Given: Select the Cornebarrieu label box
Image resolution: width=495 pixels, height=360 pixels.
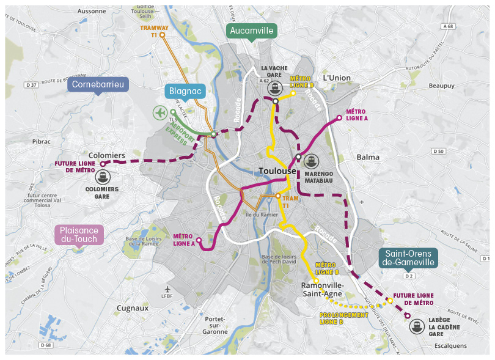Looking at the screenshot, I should (98, 84).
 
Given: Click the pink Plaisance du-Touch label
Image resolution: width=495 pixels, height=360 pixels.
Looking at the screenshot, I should (79, 235).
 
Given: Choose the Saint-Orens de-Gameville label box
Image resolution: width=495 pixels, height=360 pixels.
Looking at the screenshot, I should (409, 257).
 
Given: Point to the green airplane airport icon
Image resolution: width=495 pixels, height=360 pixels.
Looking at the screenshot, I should (160, 112).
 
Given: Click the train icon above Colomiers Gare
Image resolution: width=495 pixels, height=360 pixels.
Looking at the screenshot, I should (103, 177).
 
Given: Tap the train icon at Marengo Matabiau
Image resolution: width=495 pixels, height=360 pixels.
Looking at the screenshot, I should (312, 161).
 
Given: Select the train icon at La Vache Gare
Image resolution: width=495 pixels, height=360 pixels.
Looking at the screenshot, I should (276, 87).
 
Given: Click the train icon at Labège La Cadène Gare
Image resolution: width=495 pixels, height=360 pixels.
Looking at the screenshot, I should (417, 326).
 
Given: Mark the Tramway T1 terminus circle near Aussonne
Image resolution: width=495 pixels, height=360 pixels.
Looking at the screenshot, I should (163, 35).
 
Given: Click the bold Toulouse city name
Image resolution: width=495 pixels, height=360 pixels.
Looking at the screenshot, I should (277, 171).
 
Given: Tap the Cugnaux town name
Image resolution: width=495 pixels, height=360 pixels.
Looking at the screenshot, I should (133, 308).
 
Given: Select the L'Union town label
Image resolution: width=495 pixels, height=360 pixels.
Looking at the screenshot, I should (337, 78).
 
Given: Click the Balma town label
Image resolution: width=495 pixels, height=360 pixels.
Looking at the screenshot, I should (368, 157).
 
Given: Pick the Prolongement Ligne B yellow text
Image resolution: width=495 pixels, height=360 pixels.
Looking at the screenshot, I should (344, 318).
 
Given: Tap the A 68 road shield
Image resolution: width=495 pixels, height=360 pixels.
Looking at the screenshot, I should (449, 26).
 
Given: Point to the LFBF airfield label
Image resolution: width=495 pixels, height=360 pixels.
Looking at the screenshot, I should (168, 296).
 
